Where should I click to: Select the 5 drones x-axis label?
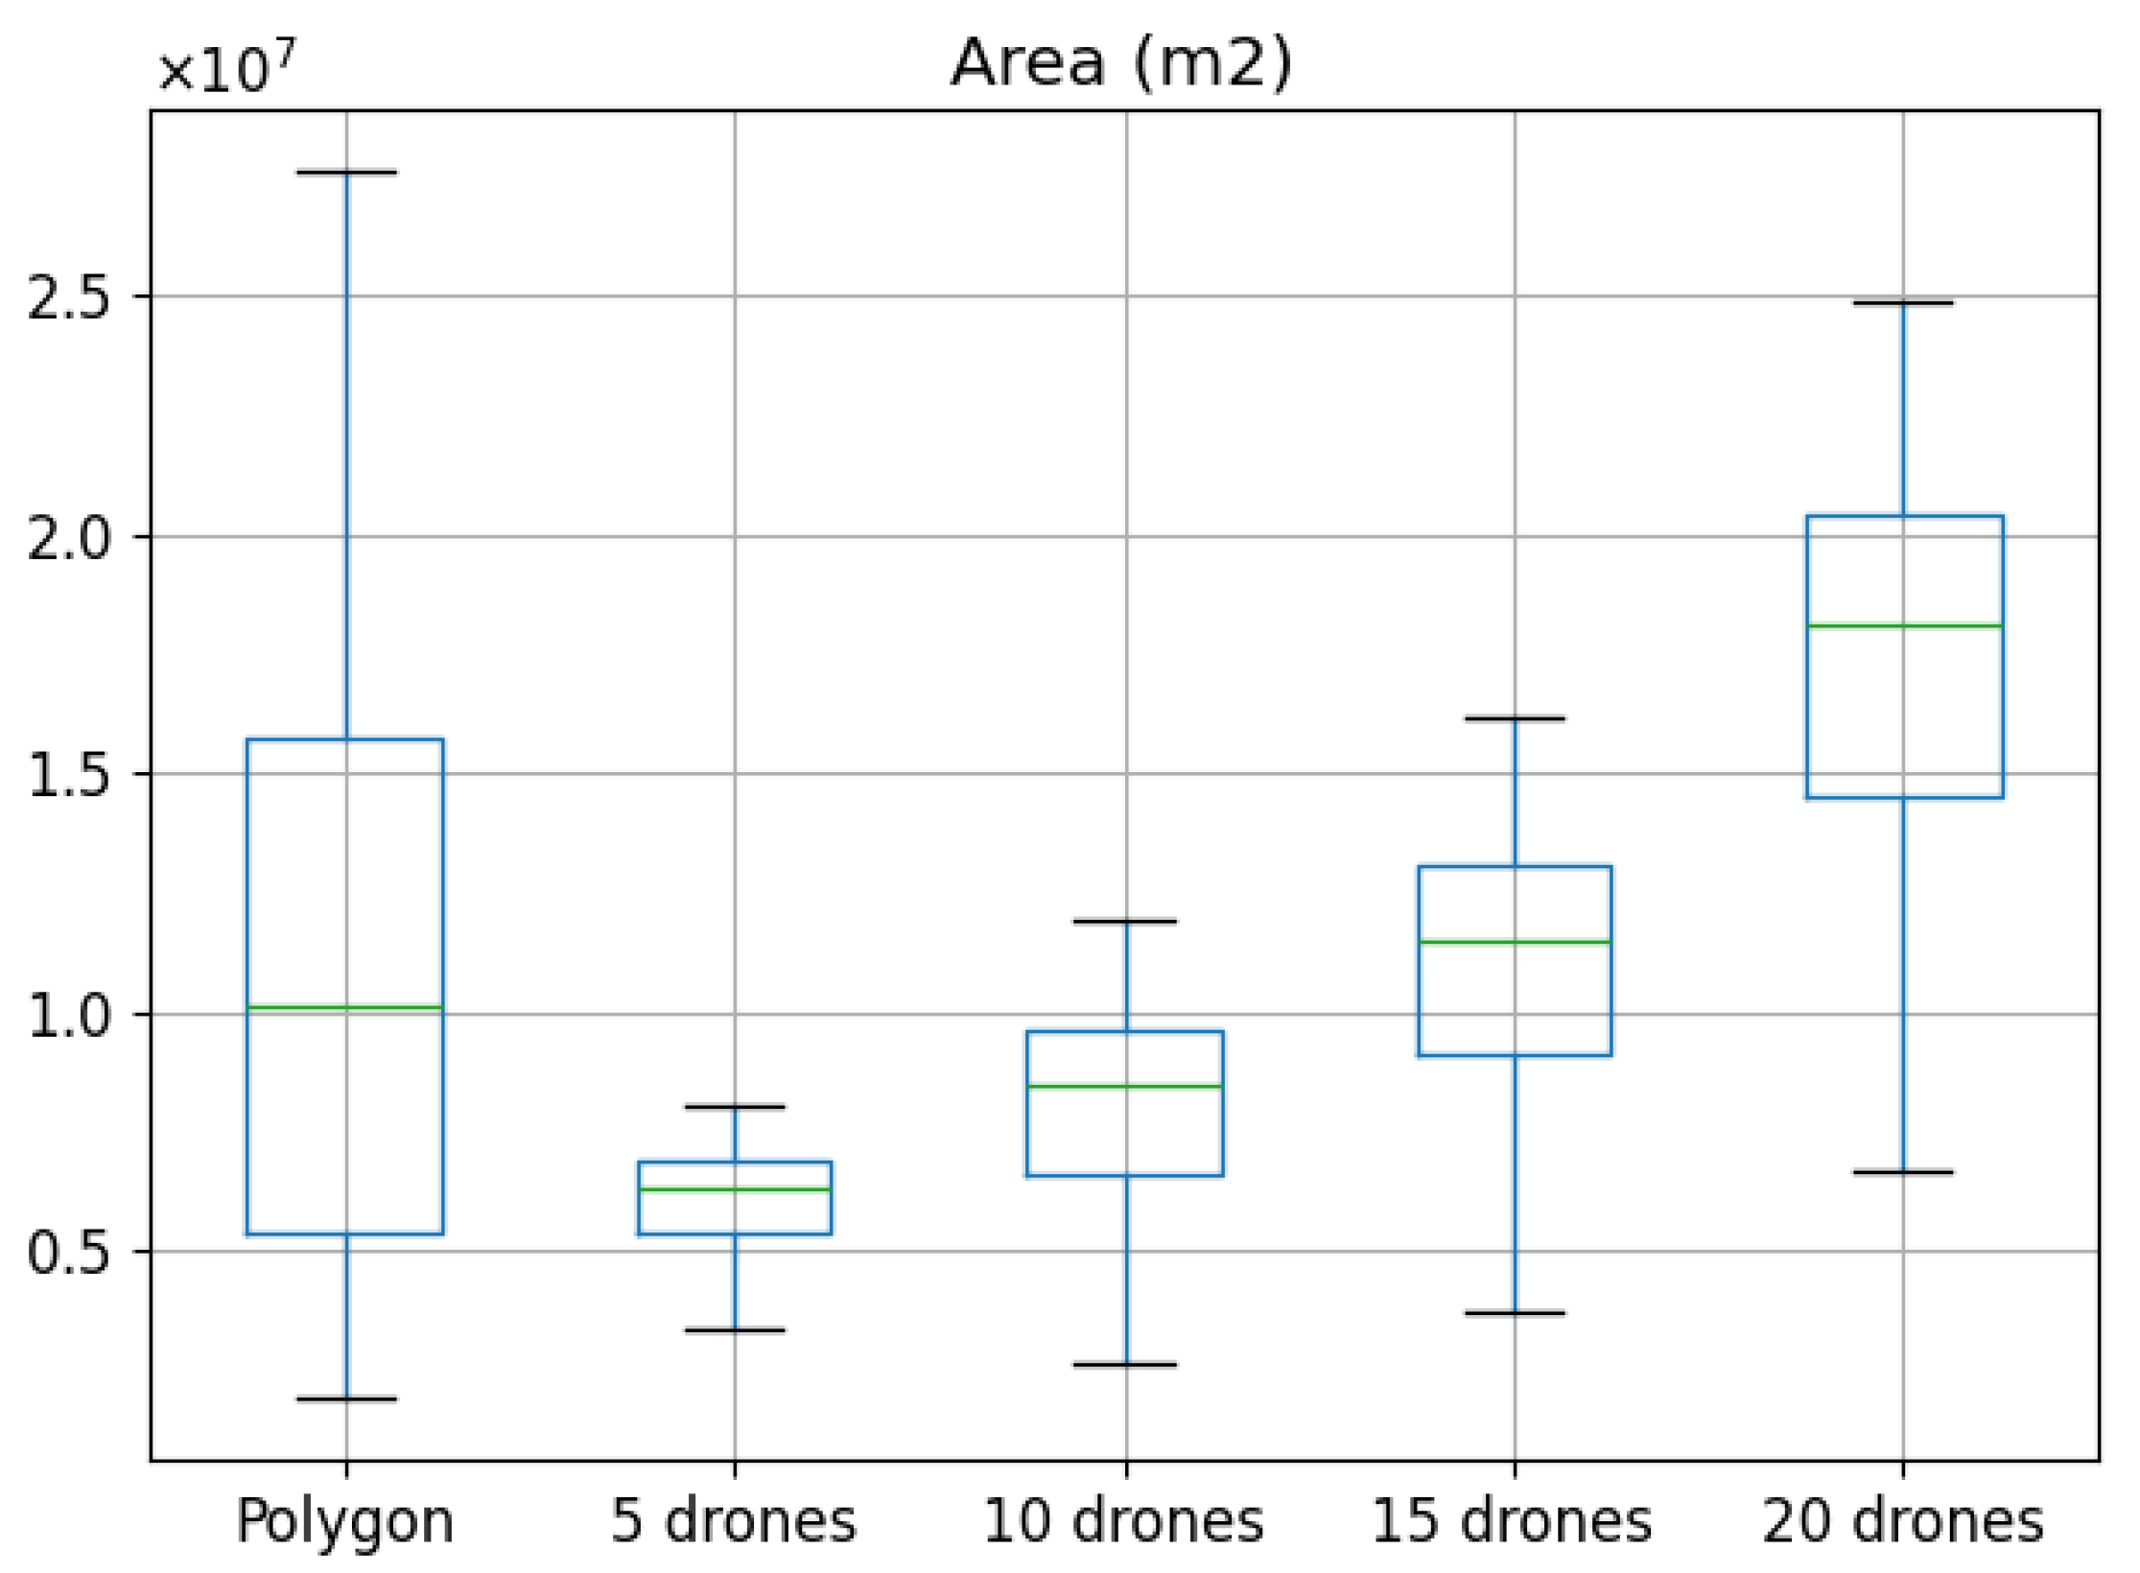[x=734, y=1521]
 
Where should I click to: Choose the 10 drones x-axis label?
[x=1124, y=1521]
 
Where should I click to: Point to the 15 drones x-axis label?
[x=1513, y=1521]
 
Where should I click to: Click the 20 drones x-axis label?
[x=1903, y=1521]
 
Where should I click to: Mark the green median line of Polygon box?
[x=345, y=1008]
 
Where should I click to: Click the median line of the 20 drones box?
[x=1904, y=626]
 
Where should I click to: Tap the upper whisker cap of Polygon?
[x=346, y=173]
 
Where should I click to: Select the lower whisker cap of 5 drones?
[x=735, y=1330]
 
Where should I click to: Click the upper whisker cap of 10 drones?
[x=1125, y=922]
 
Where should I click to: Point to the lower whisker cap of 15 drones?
[x=1515, y=1313]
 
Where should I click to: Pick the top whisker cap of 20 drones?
[x=1903, y=303]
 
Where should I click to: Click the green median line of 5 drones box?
[x=735, y=1189]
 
